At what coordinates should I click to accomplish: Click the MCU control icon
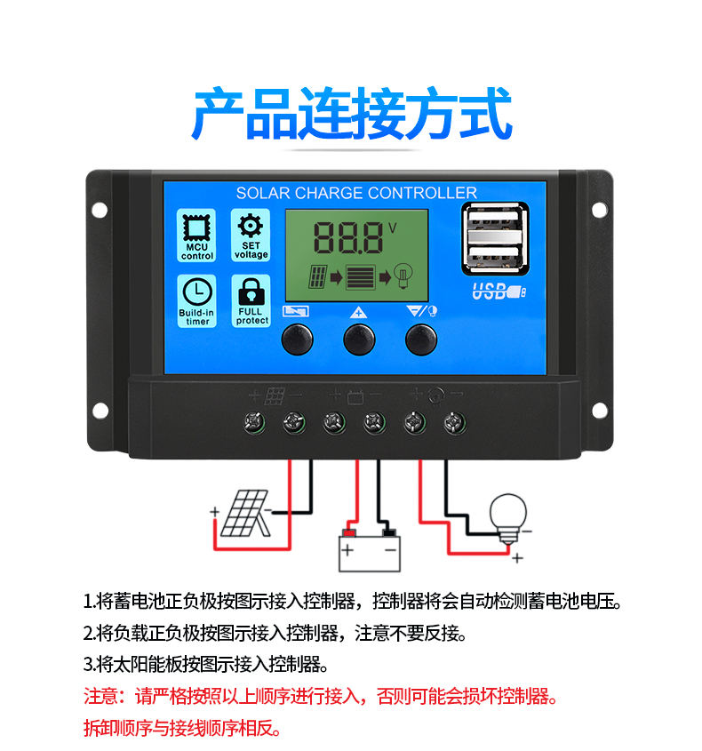(x=196, y=236)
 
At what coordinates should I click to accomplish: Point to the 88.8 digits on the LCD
(x=348, y=238)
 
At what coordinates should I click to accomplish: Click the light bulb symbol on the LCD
(x=403, y=276)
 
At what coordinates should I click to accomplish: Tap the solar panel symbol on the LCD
(x=318, y=276)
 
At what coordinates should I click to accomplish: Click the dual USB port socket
(x=495, y=238)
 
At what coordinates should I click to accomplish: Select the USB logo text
(x=499, y=291)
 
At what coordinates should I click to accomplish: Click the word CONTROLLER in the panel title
(x=422, y=193)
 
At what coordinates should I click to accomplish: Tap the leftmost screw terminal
(x=254, y=422)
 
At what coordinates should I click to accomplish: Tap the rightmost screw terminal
(x=454, y=422)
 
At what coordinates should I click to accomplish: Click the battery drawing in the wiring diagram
(x=369, y=550)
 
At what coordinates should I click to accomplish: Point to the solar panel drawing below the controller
(x=245, y=513)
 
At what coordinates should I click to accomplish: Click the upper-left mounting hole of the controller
(x=100, y=210)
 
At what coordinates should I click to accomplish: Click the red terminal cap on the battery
(x=349, y=533)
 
